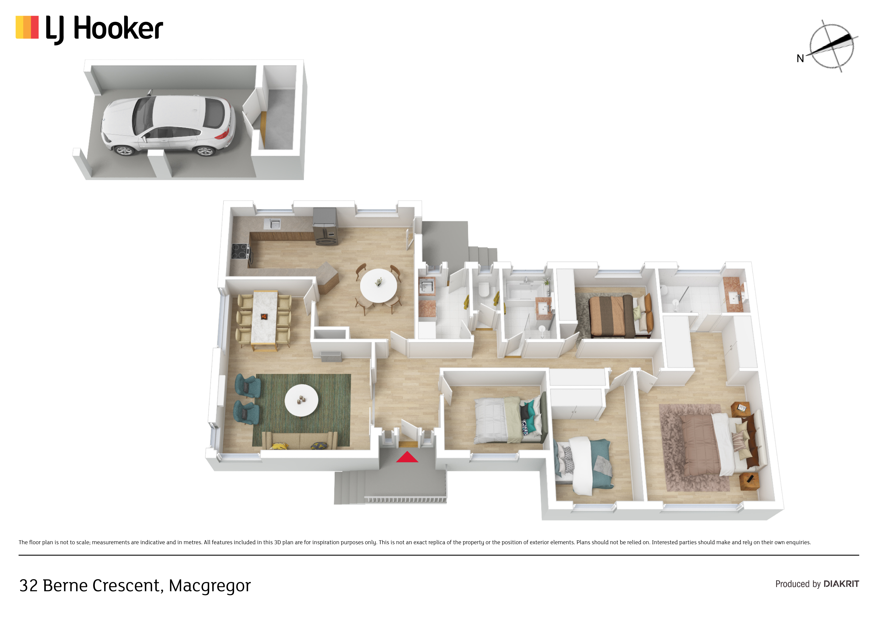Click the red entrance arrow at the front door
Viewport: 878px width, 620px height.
click(x=407, y=457)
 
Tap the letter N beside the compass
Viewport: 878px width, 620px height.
click(x=800, y=58)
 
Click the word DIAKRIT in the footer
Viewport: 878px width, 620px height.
click(x=841, y=584)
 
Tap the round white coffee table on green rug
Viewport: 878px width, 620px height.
click(x=301, y=400)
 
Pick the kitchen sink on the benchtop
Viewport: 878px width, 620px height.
click(x=272, y=224)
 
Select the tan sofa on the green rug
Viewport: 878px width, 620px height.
click(x=299, y=440)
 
